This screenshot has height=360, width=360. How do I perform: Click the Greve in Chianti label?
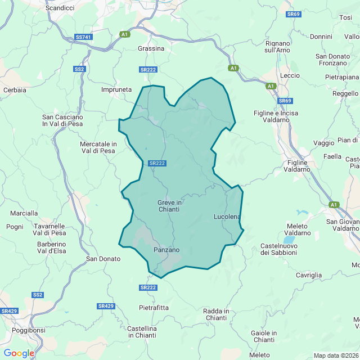tap(169, 206)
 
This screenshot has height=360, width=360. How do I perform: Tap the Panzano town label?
tap(166, 250)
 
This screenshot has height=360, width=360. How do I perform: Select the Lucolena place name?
tap(227, 217)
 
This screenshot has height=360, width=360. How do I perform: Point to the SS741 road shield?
tap(83, 37)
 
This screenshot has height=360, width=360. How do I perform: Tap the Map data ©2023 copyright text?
tap(336, 355)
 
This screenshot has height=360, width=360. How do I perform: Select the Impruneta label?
tap(116, 89)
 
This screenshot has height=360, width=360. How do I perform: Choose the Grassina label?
tap(151, 48)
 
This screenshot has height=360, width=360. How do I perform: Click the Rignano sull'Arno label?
tap(277, 47)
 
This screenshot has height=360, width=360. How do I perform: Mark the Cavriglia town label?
tap(308, 275)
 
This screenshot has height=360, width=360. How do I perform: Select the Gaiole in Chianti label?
tap(264, 336)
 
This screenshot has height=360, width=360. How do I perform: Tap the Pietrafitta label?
tap(154, 308)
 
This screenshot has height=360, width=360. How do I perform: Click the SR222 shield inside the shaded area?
tap(157, 163)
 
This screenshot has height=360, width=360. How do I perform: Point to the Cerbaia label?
tap(15, 89)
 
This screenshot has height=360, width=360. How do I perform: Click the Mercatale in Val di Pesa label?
tap(98, 147)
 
